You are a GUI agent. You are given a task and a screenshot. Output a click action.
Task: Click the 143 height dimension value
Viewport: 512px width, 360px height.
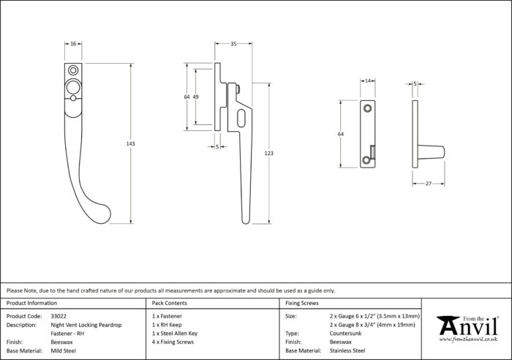(130, 143)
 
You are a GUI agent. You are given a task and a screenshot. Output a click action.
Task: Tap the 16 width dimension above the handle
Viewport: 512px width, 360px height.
(73, 43)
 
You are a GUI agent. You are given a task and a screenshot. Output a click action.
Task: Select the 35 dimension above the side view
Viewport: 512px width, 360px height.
(233, 43)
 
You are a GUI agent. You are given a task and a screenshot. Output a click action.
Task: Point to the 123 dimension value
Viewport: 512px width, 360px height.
(268, 153)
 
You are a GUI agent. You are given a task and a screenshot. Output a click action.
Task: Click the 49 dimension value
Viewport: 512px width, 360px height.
(195, 97)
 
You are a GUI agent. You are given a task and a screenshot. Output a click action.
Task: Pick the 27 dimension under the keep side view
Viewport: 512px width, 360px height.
(429, 184)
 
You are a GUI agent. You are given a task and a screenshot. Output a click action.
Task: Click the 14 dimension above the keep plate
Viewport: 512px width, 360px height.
(368, 81)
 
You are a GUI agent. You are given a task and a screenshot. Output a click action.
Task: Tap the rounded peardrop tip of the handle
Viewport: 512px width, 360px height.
(104, 214)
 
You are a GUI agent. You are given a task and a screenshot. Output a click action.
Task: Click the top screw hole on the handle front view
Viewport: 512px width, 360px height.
(73, 70)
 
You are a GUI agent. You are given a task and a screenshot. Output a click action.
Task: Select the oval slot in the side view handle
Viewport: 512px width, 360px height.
(241, 119)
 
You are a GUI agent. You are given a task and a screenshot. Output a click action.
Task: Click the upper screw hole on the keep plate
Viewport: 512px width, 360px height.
(368, 108)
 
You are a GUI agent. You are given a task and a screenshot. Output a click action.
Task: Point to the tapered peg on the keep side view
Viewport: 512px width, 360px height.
(431, 153)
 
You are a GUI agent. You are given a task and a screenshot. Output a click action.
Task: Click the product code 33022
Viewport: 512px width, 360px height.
(59, 316)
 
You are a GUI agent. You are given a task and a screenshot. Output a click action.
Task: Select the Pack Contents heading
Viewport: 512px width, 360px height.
(170, 303)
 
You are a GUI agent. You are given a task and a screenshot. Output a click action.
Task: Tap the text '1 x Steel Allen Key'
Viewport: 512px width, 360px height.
(175, 334)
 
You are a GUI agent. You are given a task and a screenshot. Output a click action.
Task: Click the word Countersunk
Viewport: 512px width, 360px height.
(345, 334)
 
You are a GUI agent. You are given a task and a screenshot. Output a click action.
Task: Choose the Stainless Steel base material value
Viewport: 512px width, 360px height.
(347, 350)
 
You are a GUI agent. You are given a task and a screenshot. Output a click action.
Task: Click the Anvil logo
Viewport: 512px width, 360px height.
(467, 329)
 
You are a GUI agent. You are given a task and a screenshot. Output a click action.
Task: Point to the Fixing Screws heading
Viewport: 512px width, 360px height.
(301, 303)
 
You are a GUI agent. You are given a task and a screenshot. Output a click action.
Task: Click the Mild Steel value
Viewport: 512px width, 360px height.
(64, 350)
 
